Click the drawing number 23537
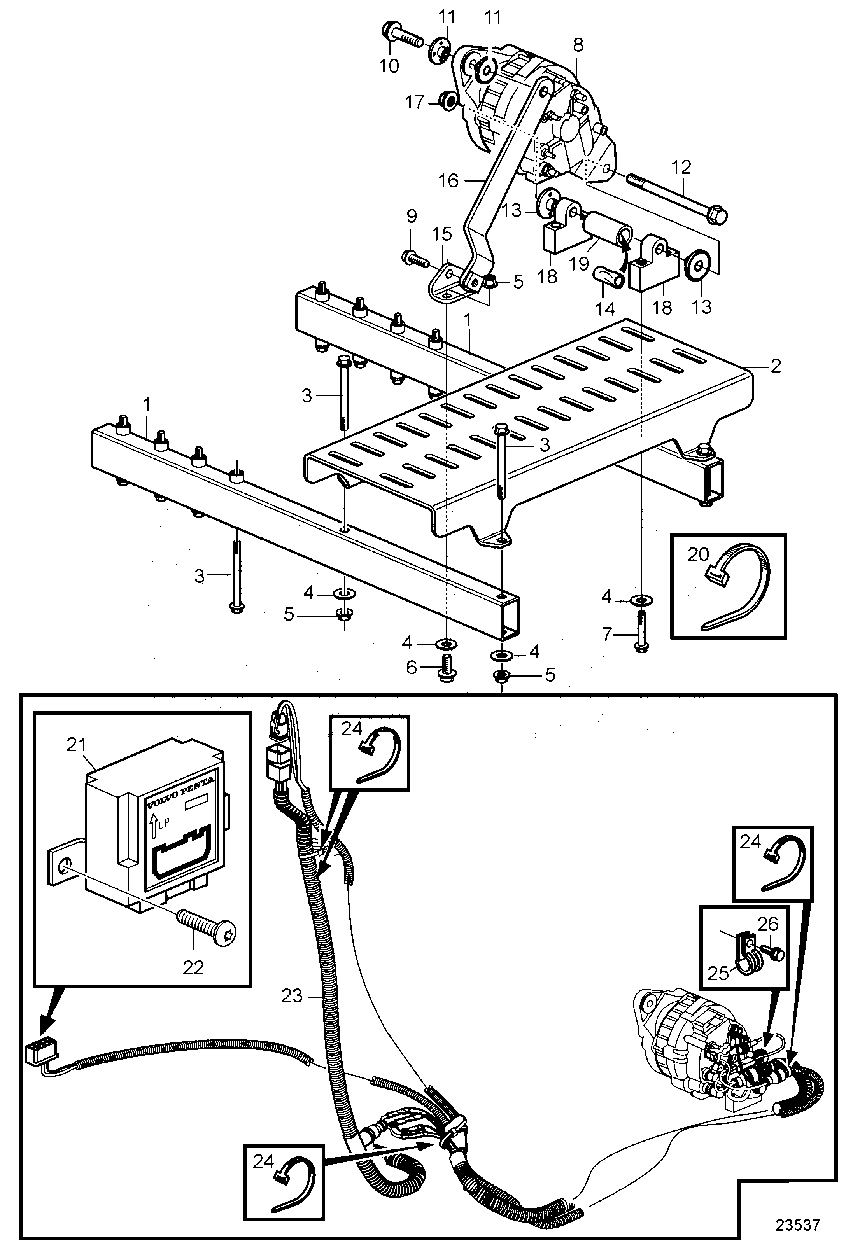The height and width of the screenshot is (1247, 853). (798, 1225)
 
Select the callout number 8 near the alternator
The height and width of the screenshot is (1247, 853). (578, 45)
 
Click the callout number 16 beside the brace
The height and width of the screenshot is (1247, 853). (449, 181)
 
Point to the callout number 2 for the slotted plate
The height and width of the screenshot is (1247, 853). (775, 366)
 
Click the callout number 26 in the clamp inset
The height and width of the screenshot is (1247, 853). (768, 923)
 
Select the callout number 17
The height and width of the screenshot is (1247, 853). (414, 102)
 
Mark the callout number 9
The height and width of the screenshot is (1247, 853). (411, 216)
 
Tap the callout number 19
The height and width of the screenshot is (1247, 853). (579, 264)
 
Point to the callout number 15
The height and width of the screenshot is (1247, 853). (443, 234)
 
